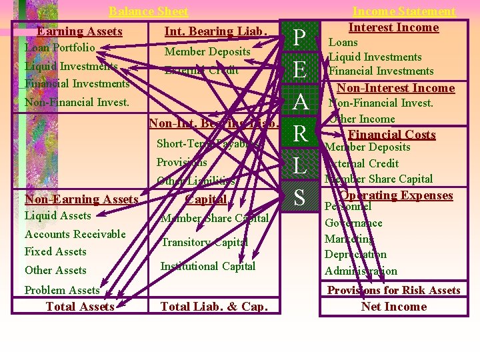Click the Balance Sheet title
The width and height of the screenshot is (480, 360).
(148, 11)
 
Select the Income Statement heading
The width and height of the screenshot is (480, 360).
(403, 11)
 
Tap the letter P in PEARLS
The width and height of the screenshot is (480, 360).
(300, 38)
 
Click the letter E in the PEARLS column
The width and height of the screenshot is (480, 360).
(300, 70)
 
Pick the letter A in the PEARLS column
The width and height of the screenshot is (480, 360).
(300, 102)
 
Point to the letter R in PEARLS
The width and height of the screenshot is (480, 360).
(300, 134)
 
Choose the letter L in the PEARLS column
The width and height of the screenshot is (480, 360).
(300, 166)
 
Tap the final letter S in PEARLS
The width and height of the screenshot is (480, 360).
(300, 197)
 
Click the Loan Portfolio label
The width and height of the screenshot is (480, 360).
(59, 48)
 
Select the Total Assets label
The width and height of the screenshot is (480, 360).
(80, 307)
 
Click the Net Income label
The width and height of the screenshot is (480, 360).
(393, 307)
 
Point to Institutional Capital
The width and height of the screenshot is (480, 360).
(208, 267)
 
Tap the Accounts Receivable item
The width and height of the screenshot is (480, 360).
(75, 234)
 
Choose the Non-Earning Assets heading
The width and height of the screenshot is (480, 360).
(81, 199)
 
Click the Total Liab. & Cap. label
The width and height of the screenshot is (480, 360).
(214, 307)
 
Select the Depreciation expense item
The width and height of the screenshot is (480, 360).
(355, 255)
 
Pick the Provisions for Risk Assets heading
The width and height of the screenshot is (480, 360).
(393, 290)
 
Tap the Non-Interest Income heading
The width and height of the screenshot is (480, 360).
(395, 88)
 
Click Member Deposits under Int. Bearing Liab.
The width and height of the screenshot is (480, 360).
(207, 51)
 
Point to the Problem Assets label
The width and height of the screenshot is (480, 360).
(62, 290)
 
